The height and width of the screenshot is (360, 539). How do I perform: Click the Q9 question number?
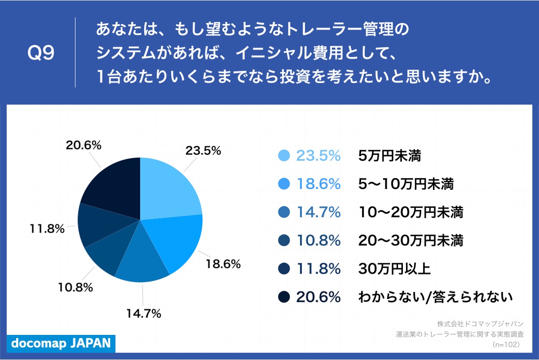coord(41,53)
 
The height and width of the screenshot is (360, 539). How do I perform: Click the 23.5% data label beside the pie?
coord(203,151)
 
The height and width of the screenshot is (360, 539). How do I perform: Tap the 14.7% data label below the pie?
coord(143,314)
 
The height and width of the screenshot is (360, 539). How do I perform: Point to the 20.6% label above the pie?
coord(84,145)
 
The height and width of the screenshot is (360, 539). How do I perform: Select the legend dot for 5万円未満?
coord(284,155)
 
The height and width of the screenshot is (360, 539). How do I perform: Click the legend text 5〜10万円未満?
coord(406,184)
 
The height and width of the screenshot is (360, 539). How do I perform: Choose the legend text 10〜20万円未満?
coord(411,212)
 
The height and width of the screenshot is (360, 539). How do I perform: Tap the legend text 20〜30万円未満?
coord(411,240)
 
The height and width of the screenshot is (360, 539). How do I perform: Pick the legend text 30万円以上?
coord(394,269)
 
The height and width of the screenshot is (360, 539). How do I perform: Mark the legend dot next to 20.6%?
coord(284,297)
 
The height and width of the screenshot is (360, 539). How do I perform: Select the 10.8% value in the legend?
coord(318,240)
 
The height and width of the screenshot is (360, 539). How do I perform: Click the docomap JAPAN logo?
coord(61,343)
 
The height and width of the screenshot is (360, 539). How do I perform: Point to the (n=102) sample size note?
coord(505,344)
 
